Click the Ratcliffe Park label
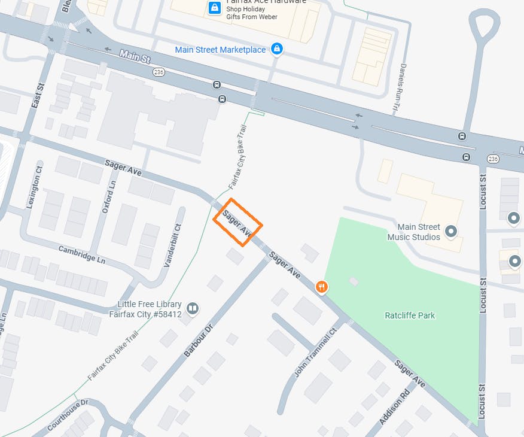[410, 315]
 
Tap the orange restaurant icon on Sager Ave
[322, 287]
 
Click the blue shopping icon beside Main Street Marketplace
[276, 49]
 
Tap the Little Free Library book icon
[192, 308]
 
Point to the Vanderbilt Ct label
[172, 246]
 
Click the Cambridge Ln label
[81, 254]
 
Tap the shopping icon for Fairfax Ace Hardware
[214, 8]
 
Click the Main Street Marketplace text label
[220, 50]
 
